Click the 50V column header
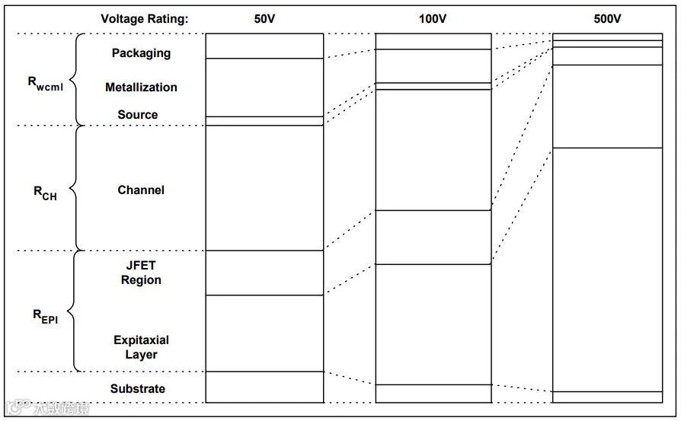pyautogui.click(x=264, y=19)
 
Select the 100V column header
pyautogui.click(x=433, y=19)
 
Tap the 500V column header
pyautogui.click(x=607, y=19)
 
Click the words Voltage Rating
pyautogui.click(x=145, y=19)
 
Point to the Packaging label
pyautogui.click(x=141, y=53)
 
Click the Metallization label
pyautogui.click(x=141, y=88)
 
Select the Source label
pyautogui.click(x=138, y=115)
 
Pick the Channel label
pyautogui.click(x=141, y=190)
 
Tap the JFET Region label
pyautogui.click(x=141, y=273)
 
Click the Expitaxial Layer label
pyautogui.click(x=141, y=347)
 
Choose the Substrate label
pyautogui.click(x=138, y=389)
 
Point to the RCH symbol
pyautogui.click(x=45, y=193)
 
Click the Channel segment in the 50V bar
pyautogui.click(x=264, y=188)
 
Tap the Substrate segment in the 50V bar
pyautogui.click(x=264, y=387)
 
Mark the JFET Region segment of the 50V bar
pyautogui.click(x=264, y=273)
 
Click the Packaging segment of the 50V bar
pyautogui.click(x=264, y=46)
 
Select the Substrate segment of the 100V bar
pyautogui.click(x=433, y=393)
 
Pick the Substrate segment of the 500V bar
pyautogui.click(x=607, y=397)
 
